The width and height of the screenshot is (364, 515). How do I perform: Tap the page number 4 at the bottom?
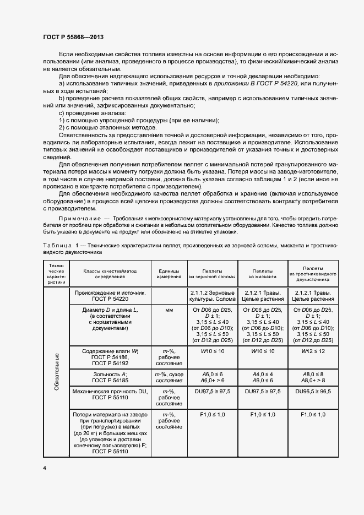point(44,468)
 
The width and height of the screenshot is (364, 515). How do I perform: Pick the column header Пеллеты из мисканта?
point(262,273)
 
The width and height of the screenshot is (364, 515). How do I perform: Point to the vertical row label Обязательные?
point(56,372)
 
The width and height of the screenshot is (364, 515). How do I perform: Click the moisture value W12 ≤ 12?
point(313,351)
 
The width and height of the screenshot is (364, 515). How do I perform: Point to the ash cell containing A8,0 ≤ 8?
point(313,374)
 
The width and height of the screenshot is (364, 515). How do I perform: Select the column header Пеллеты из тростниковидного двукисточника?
point(313,273)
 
